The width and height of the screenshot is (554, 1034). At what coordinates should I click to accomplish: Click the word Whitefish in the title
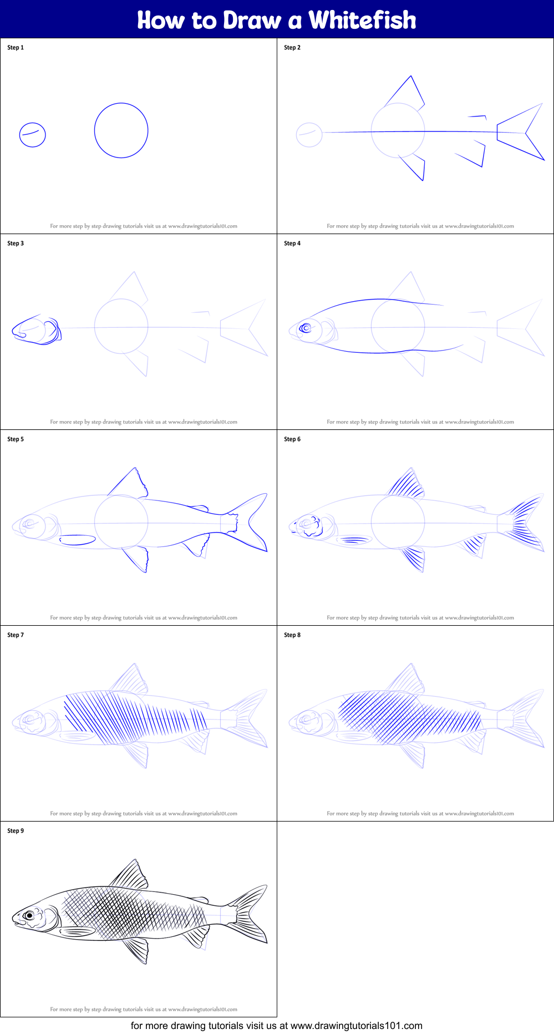362,20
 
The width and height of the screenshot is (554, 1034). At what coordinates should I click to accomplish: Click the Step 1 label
16,48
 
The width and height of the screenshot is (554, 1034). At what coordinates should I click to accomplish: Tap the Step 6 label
292,439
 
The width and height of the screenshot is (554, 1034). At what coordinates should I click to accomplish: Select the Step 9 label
16,831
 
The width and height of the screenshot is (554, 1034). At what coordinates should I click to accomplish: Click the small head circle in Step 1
32,135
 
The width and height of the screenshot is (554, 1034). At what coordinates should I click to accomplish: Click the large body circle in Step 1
121,130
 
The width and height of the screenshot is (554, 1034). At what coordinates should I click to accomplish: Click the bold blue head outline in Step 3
36,331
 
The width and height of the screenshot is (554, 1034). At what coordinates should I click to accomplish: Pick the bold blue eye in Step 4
306,328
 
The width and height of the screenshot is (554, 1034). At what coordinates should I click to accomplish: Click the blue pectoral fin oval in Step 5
78,540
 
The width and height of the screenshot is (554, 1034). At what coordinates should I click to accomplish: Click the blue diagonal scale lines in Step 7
133,718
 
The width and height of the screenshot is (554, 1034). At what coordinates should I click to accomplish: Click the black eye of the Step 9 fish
29,915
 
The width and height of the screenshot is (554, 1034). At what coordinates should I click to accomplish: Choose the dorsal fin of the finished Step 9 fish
131,875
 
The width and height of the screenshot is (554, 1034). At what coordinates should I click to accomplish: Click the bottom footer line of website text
276,1026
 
